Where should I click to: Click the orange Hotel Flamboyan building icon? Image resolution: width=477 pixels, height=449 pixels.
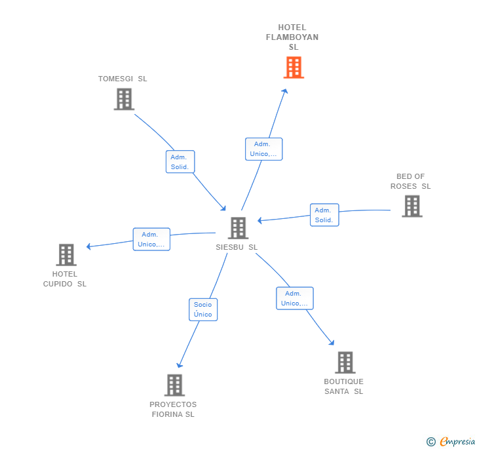[294, 67]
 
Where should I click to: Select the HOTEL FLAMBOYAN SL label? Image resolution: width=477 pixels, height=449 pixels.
[292, 37]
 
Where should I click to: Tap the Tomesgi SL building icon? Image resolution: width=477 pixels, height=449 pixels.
[124, 99]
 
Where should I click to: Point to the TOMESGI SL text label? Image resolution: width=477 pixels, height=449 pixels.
[123, 79]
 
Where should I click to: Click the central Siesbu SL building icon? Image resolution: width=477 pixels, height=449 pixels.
[238, 228]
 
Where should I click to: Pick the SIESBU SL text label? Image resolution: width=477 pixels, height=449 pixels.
[237, 248]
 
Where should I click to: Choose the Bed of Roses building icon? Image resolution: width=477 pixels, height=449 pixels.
[411, 206]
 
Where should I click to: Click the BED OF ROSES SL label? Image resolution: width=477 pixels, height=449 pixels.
[411, 182]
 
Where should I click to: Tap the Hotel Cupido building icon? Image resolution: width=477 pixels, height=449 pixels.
[66, 254]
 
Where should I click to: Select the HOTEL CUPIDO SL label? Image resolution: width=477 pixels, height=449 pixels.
[65, 279]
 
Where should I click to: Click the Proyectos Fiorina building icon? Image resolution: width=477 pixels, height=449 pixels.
[174, 385]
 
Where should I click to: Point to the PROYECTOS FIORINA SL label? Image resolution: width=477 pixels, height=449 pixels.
[173, 409]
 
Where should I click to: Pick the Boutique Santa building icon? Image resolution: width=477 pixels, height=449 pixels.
[345, 362]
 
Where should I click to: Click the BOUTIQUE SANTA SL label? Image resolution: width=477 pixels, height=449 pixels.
[343, 387]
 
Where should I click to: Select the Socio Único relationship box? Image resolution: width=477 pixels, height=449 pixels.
[203, 309]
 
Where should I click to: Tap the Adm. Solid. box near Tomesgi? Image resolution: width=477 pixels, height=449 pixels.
[180, 162]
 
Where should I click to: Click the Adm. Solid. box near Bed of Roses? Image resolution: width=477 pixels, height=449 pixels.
[324, 215]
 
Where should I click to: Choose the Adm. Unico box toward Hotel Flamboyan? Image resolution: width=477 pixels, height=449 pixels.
[263, 149]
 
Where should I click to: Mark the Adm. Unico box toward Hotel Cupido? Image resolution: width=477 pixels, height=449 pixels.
[151, 239]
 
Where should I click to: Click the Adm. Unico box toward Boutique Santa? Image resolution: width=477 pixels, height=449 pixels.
[294, 298]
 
